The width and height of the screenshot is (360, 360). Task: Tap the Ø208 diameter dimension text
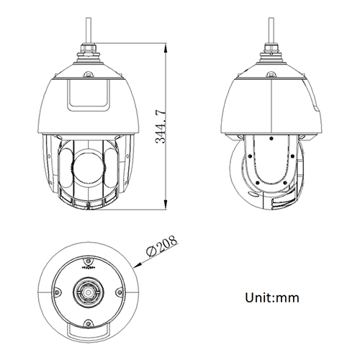click(x=159, y=250)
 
